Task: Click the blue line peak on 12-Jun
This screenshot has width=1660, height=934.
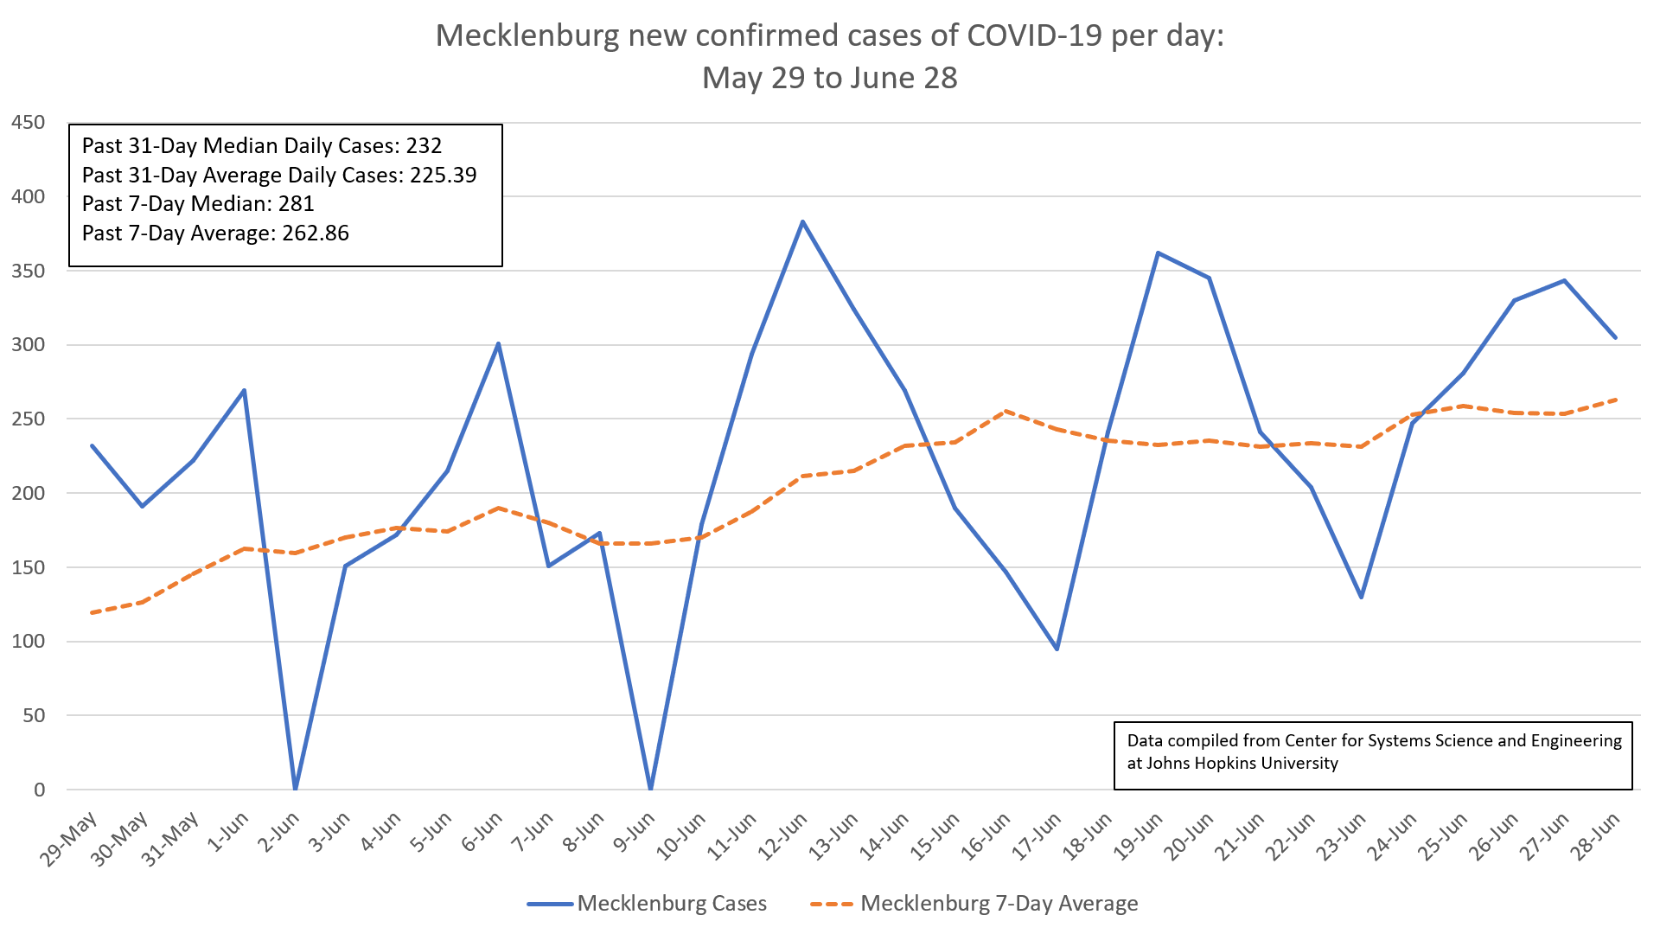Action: (x=802, y=221)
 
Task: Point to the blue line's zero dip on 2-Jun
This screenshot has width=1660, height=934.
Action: (x=296, y=788)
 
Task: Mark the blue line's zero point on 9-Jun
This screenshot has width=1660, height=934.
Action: (x=650, y=788)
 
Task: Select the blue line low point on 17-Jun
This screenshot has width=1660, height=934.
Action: (x=1057, y=649)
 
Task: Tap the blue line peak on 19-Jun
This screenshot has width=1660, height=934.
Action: (x=1158, y=253)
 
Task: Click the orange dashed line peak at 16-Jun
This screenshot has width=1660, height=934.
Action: (x=1006, y=412)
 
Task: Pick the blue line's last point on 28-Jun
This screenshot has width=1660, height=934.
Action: (x=1615, y=337)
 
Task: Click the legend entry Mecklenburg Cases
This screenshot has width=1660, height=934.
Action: (x=671, y=904)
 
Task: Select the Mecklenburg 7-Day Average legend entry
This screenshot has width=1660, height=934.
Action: (x=999, y=904)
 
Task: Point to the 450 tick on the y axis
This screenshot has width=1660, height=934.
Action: (x=28, y=122)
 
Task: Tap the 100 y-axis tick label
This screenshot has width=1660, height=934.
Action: (x=28, y=642)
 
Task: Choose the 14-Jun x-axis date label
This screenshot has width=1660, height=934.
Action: (x=884, y=835)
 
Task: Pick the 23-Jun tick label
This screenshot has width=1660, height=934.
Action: (x=1340, y=835)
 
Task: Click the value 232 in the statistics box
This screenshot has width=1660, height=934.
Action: (x=424, y=146)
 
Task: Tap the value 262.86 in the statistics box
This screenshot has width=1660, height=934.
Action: (x=316, y=233)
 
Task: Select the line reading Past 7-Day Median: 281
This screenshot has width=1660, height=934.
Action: (x=198, y=204)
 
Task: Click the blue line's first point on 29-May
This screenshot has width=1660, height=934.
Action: (x=92, y=445)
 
